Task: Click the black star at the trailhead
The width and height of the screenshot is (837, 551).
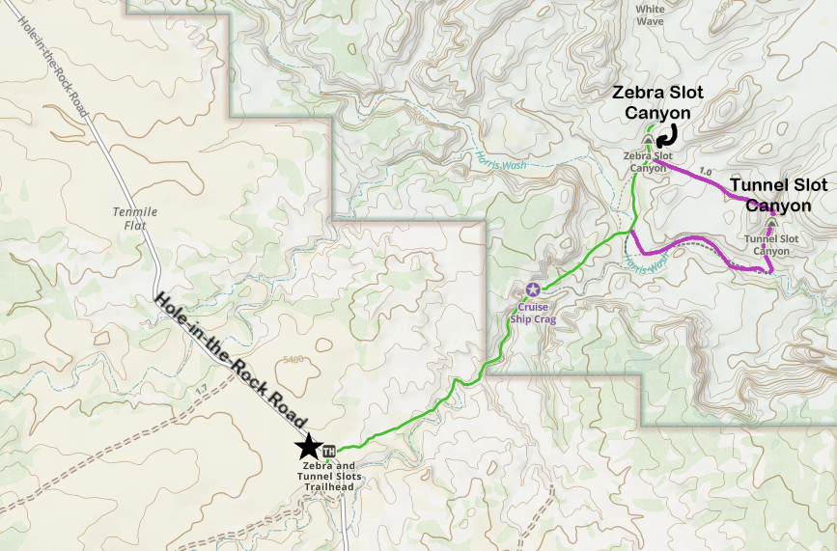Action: click(x=308, y=445)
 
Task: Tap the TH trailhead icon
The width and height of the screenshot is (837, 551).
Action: click(x=328, y=451)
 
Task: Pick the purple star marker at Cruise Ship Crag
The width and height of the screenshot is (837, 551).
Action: click(x=533, y=289)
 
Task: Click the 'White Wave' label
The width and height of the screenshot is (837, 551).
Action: click(x=650, y=14)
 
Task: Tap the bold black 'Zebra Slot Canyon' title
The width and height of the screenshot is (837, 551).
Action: click(x=658, y=101)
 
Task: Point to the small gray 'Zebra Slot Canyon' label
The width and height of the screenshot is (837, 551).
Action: click(x=648, y=161)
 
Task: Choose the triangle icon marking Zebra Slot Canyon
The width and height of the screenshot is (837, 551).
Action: click(x=648, y=142)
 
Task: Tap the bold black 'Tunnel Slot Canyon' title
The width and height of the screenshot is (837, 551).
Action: click(x=778, y=194)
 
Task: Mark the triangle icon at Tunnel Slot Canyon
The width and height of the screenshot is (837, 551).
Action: click(x=770, y=226)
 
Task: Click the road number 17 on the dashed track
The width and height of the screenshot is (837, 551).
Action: click(x=200, y=389)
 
